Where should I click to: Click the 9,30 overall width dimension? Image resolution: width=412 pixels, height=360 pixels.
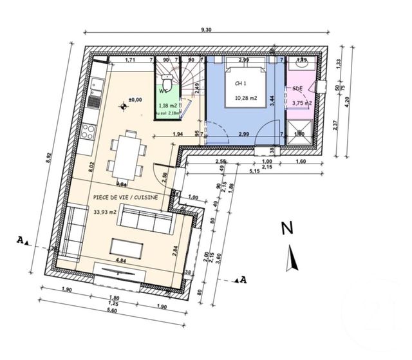coord(205,30)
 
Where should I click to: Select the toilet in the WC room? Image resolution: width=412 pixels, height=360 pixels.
coord(166,82)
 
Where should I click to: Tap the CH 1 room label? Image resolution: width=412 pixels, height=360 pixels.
coord(239,83)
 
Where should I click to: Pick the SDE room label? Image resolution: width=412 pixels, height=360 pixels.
coord(297,88)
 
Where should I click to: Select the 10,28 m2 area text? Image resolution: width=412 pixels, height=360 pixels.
coord(246,98)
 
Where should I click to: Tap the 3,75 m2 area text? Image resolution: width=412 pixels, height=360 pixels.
coord(302,103)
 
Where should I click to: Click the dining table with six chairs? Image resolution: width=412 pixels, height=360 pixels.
coord(126,155)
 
